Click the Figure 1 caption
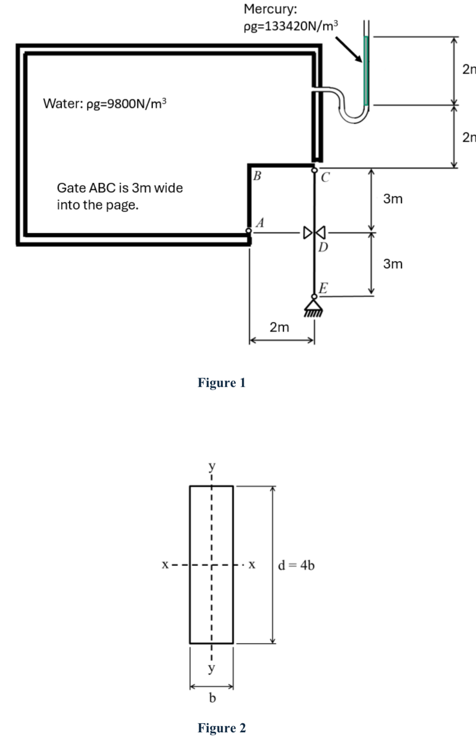click(x=221, y=383)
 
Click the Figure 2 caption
click(x=221, y=728)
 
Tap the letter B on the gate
click(x=257, y=175)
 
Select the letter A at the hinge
click(x=260, y=222)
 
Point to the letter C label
click(x=325, y=178)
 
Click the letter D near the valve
click(x=323, y=247)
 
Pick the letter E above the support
click(x=323, y=288)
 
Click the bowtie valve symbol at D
click(x=314, y=233)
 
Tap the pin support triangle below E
click(x=314, y=305)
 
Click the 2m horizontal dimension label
click(x=279, y=327)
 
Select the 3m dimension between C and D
click(x=393, y=199)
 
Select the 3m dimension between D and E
click(x=393, y=264)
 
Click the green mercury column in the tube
click(x=366, y=70)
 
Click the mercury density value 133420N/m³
click(x=290, y=26)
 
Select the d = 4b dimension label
click(x=296, y=565)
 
